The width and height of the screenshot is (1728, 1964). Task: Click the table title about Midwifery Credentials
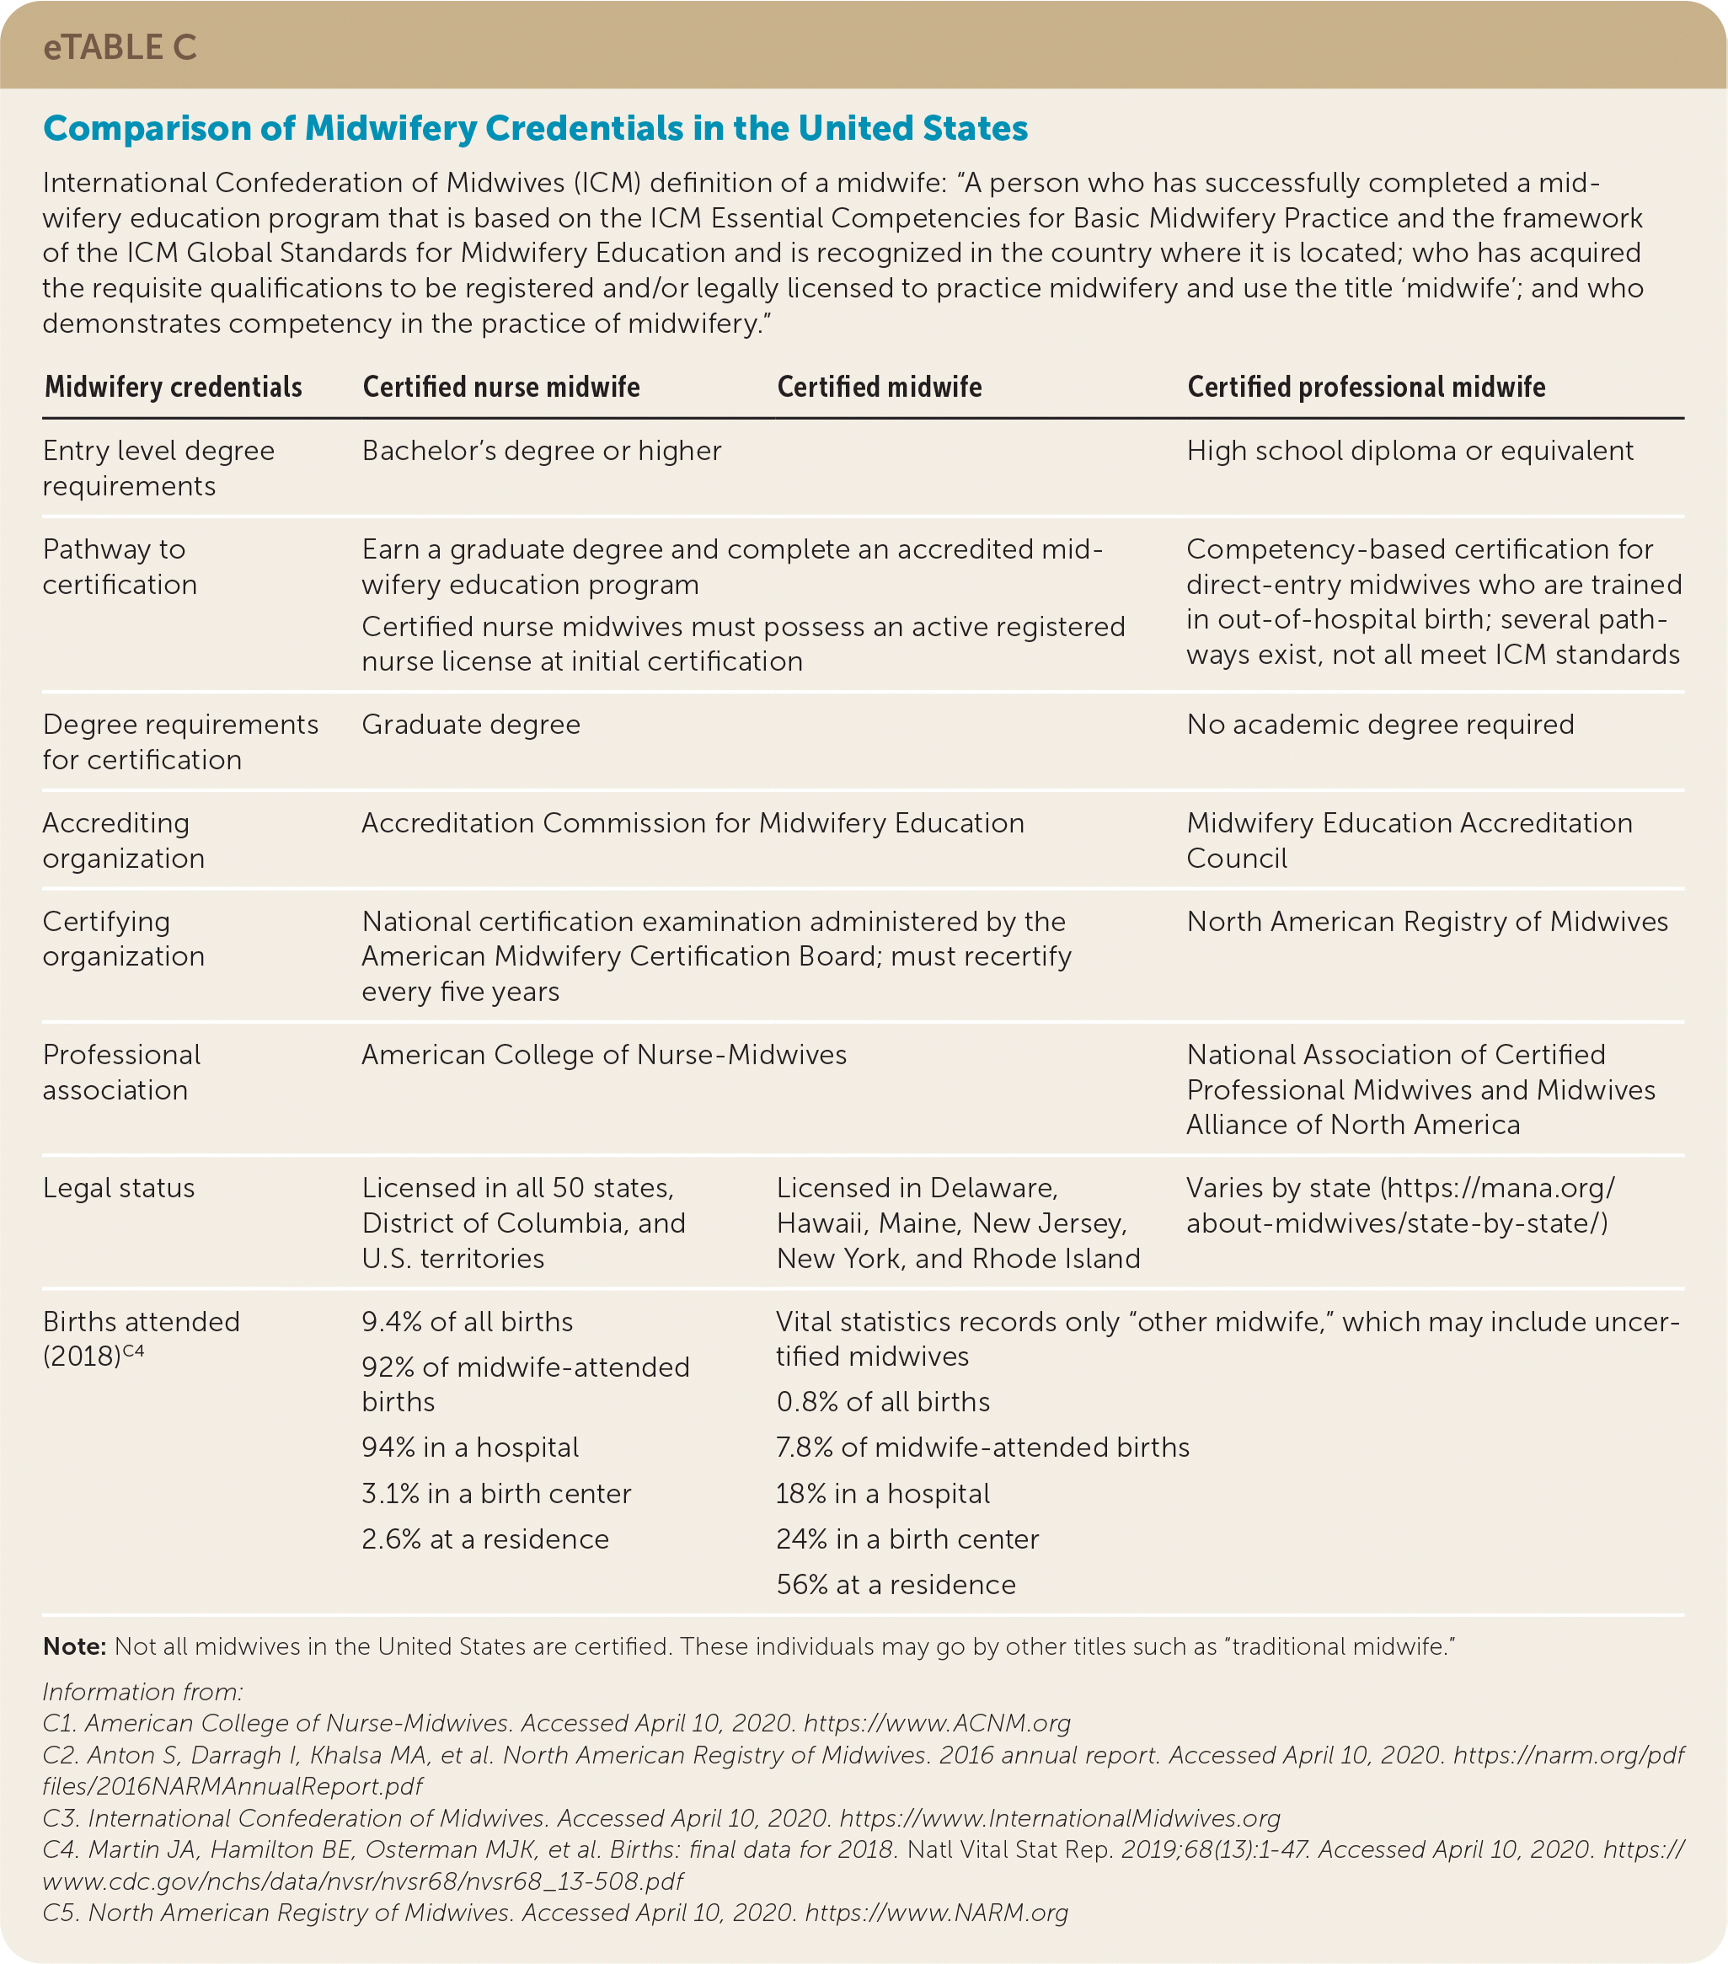(x=535, y=128)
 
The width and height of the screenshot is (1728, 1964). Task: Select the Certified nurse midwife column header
(x=500, y=388)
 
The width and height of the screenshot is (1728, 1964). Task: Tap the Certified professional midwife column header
(x=1366, y=388)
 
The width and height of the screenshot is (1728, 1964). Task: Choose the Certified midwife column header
(x=879, y=388)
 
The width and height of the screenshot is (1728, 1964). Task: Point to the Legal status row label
(x=118, y=1188)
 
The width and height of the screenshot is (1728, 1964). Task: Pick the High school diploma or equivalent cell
(x=1409, y=451)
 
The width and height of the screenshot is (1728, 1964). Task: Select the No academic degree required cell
(x=1380, y=724)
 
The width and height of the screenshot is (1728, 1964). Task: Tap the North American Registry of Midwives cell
(x=1426, y=921)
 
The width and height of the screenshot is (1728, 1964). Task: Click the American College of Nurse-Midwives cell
(x=603, y=1054)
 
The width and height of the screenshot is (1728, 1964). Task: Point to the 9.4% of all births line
(x=467, y=1321)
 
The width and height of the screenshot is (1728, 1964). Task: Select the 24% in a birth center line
(x=907, y=1539)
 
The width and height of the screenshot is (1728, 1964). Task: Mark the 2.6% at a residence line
(x=485, y=1539)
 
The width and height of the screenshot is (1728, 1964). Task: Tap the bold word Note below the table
(x=74, y=1646)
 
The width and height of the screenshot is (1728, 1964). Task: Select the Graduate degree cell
(x=471, y=724)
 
